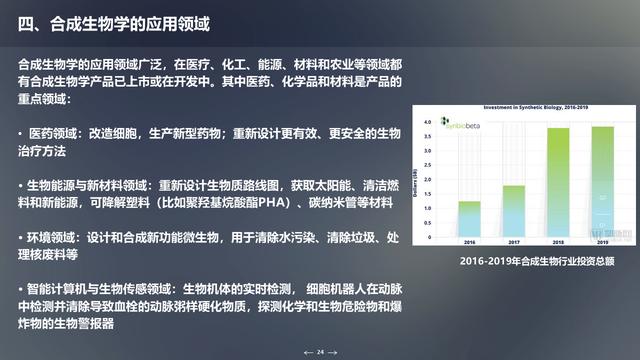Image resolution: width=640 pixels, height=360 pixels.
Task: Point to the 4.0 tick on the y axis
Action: point(428,122)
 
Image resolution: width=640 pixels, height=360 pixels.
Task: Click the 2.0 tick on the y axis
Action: point(428,179)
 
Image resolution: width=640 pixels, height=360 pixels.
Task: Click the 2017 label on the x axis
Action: point(514,242)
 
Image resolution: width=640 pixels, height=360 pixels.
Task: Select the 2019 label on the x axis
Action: point(603,242)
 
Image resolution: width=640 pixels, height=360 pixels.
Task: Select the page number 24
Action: point(320,352)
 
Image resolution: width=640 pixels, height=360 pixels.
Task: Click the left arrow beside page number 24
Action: point(308,352)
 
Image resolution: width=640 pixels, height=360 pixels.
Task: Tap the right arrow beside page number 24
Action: point(333,352)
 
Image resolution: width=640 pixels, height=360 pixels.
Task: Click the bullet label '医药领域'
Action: point(51,132)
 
